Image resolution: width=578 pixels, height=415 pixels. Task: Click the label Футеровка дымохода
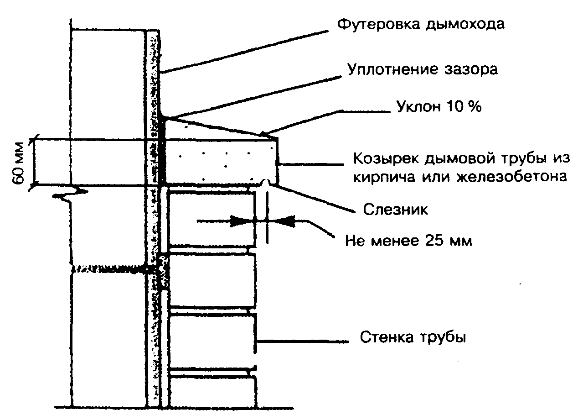[x=420, y=24]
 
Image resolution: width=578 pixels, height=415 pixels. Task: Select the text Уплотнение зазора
[x=423, y=69]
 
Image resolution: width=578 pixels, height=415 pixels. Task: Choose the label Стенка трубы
[x=413, y=338]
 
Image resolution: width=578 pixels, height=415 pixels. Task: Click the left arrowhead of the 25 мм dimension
[x=242, y=222]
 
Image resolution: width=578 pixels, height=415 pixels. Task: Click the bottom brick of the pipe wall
[x=211, y=390]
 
